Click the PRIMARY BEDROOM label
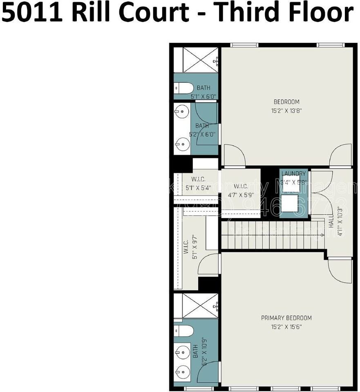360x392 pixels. point(286,318)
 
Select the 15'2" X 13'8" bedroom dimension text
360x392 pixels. point(286,110)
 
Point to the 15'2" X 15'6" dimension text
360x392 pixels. point(286,327)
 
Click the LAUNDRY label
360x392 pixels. point(293,174)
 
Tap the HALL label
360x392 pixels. point(331,223)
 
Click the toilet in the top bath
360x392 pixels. point(183,88)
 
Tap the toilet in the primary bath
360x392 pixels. point(183,330)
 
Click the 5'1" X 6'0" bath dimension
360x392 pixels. point(203,97)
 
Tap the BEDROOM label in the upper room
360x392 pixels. point(286,102)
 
